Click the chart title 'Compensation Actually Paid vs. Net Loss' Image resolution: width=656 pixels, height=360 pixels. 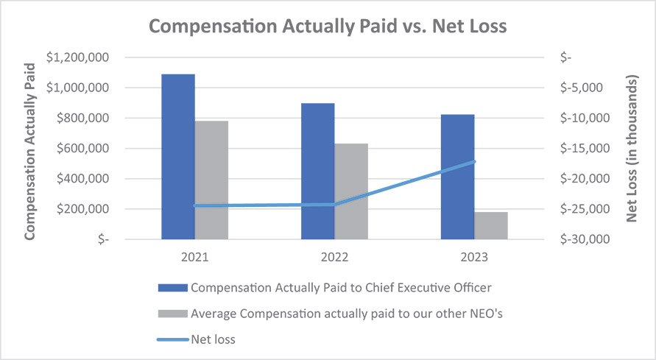pos(328,27)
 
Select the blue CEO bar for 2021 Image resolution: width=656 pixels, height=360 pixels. pos(177,156)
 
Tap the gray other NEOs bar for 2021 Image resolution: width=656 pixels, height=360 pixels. pos(211,180)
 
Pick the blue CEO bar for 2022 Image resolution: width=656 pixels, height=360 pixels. pos(318,171)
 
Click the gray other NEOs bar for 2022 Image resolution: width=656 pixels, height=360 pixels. pos(351,191)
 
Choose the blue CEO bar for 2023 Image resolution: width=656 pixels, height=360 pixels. pos(457,177)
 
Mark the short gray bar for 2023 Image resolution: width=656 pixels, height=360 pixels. pos(491,225)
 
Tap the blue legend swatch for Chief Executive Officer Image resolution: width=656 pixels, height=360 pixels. pos(172,287)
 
